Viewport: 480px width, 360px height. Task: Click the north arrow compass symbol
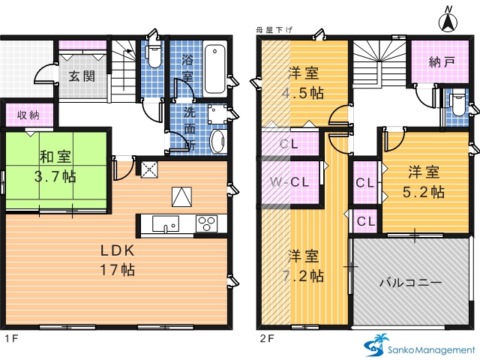[448, 21]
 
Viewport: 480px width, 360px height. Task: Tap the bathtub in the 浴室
[215, 69]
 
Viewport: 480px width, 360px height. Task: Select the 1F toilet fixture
[153, 56]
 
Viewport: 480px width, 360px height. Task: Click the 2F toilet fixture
[458, 105]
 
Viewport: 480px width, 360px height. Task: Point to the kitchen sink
[166, 224]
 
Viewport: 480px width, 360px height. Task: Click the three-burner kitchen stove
[206, 223]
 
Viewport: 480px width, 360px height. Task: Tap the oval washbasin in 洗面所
[218, 142]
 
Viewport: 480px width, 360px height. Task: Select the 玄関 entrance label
[82, 76]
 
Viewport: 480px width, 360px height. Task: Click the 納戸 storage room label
[442, 62]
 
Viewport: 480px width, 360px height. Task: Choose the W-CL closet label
[289, 182]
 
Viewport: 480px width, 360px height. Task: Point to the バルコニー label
[411, 282]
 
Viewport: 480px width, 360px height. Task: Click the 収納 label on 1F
[28, 115]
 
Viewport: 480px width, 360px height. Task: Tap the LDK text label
[118, 250]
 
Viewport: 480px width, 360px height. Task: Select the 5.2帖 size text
[424, 192]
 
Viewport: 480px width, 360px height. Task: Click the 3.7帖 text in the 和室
[55, 177]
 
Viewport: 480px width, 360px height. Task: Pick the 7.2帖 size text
[302, 276]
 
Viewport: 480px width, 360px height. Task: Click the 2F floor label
[267, 338]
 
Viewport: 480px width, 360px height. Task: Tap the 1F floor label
[12, 338]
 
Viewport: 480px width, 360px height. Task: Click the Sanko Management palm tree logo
[376, 345]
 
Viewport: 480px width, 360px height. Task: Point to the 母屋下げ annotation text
[274, 30]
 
